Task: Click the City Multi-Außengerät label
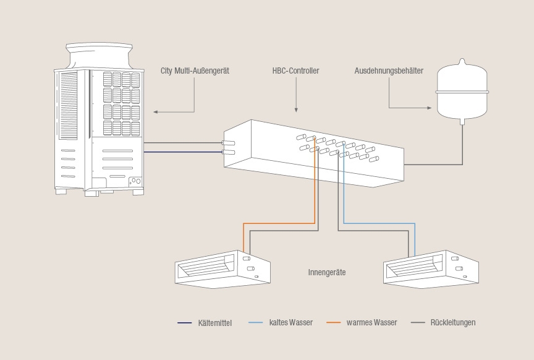(x=195, y=71)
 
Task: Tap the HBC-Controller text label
(x=295, y=71)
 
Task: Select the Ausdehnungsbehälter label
(x=389, y=71)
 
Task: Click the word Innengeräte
(x=327, y=272)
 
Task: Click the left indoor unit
(x=222, y=269)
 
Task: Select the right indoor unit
(x=431, y=269)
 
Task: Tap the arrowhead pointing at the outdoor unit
(x=155, y=112)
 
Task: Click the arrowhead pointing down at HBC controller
(x=296, y=109)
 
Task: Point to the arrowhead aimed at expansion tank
(x=429, y=108)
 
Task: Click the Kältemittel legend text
(x=215, y=323)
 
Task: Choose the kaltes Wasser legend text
(x=291, y=322)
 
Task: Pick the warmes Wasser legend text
(x=371, y=322)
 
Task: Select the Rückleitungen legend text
(x=453, y=322)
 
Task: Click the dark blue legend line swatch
(x=184, y=323)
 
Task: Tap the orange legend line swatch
(x=333, y=322)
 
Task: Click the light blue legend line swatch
(x=256, y=322)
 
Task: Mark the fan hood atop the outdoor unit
(x=99, y=56)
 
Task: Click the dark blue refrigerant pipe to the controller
(x=183, y=152)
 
